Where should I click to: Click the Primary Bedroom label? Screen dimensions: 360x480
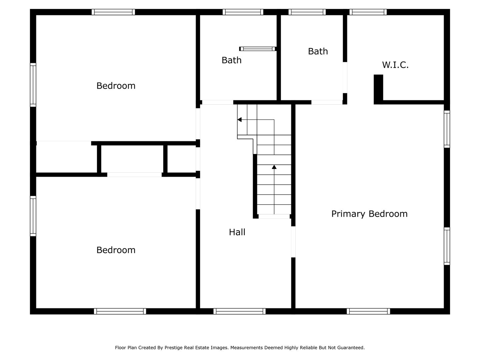pos(369,214)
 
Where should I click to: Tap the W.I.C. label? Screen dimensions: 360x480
pos(395,65)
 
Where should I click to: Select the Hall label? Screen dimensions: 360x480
pos(237,232)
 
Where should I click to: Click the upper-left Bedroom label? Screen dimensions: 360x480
pos(116,86)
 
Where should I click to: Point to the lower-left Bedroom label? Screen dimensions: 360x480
pos(116,250)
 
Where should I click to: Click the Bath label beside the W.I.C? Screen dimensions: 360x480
pos(318,51)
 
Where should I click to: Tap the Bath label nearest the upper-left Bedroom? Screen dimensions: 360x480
pos(231,60)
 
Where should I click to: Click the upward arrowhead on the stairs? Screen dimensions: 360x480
pos(274,167)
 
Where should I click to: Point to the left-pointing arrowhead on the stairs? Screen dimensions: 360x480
pos(239,119)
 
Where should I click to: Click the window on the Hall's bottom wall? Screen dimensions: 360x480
pos(239,311)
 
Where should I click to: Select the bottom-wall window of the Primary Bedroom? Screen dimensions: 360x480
pos(368,311)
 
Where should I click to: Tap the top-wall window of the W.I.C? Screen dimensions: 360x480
pos(368,12)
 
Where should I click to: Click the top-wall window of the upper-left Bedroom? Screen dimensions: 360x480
pos(113,12)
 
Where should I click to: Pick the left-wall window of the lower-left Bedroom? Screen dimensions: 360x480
pos(33,216)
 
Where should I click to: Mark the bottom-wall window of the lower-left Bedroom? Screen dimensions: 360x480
pos(120,311)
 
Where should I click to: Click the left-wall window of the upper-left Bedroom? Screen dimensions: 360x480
pos(33,85)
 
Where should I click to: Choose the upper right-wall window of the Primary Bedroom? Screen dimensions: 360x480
pos(447,129)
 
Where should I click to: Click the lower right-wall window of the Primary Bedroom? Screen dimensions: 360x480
pos(447,246)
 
